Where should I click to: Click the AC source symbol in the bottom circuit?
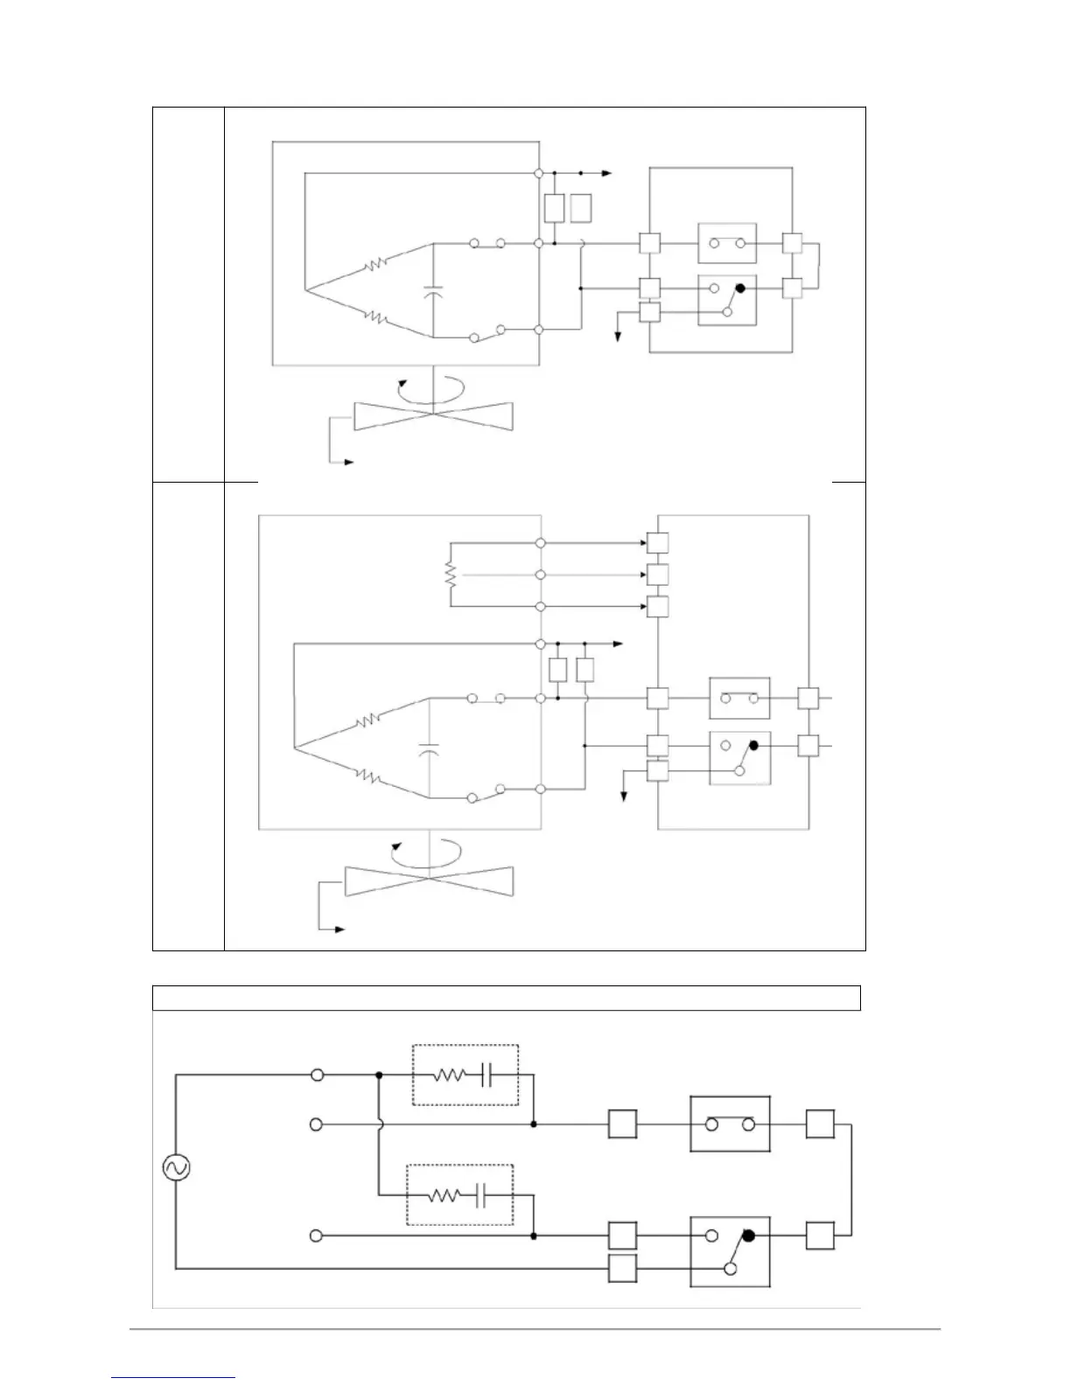(177, 1167)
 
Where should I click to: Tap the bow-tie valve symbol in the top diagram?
(432, 416)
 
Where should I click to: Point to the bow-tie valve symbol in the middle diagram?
(430, 881)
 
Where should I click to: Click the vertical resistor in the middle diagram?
(451, 574)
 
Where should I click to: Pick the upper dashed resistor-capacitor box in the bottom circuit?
(465, 1074)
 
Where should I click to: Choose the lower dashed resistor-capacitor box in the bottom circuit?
(459, 1194)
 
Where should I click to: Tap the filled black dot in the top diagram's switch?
(740, 288)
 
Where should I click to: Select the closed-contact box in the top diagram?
(726, 243)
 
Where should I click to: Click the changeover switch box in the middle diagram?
(739, 757)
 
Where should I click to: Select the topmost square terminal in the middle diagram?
(657, 543)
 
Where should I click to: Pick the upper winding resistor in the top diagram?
(376, 262)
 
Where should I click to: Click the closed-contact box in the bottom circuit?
(731, 1124)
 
